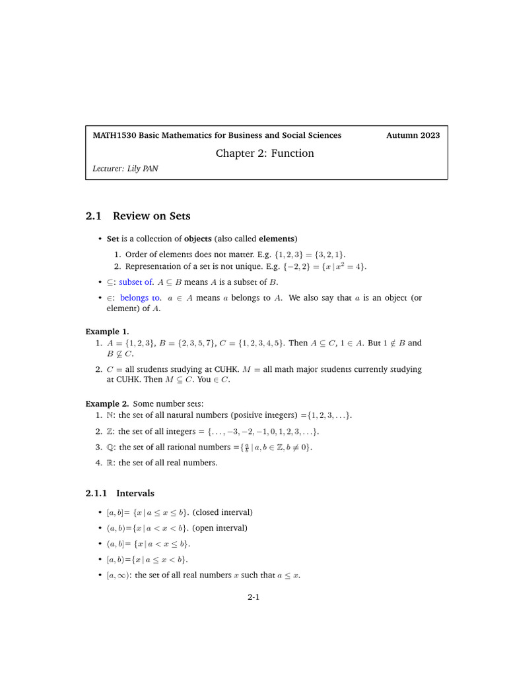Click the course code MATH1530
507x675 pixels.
[x=115, y=135]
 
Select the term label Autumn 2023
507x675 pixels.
[x=413, y=135]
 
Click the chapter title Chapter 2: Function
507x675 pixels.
[x=265, y=154]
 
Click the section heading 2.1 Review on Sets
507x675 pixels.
[x=138, y=216]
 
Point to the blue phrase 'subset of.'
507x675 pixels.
[x=137, y=282]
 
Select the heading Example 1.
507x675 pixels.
[x=107, y=332]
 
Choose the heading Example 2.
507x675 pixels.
[x=107, y=403]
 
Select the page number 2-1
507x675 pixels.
[x=253, y=598]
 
